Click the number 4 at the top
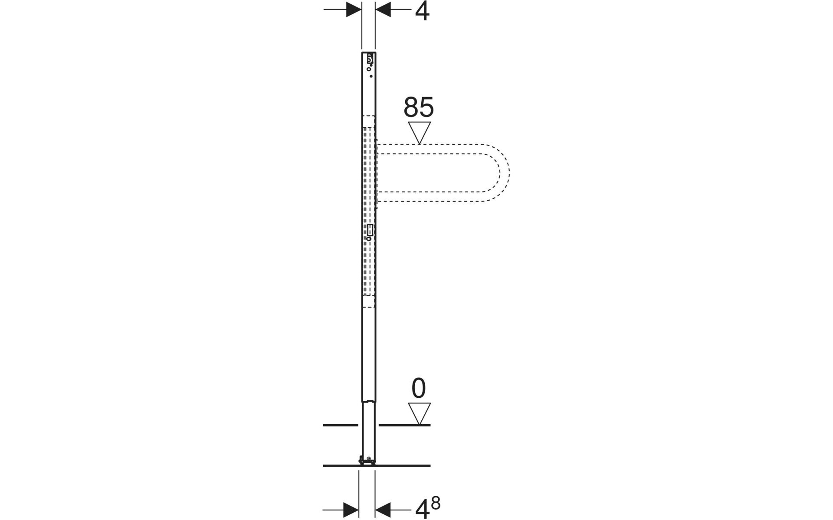422,12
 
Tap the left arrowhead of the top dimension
354,10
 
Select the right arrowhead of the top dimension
383,10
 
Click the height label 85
419,107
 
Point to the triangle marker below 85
419,132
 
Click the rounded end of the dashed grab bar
505,172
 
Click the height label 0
419,389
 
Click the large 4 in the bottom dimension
422,510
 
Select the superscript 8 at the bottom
436,503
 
